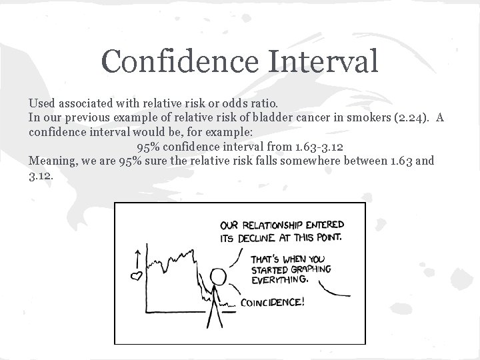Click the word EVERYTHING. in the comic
click(x=280, y=280)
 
